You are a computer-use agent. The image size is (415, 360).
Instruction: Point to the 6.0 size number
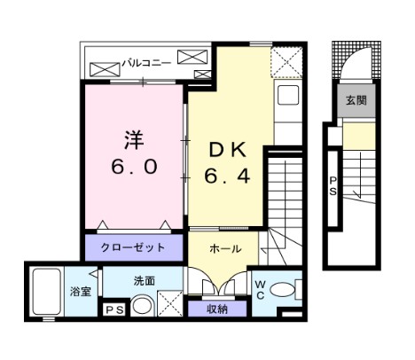[134, 167]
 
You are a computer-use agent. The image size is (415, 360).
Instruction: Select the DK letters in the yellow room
[228, 150]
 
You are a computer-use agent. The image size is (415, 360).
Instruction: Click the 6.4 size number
[229, 176]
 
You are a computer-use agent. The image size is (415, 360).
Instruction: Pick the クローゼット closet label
[134, 247]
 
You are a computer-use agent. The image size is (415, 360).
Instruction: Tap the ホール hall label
[222, 250]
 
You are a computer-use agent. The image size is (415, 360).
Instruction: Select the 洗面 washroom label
[145, 280]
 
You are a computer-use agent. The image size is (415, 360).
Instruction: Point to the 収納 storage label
[217, 309]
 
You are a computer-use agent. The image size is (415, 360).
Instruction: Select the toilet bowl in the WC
[283, 289]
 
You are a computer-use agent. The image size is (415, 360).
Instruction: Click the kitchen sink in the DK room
[288, 96]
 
